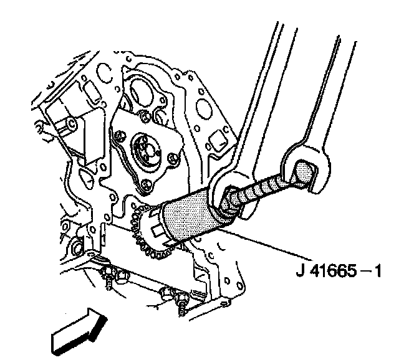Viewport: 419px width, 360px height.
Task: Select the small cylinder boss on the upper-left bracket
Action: (68, 125)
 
